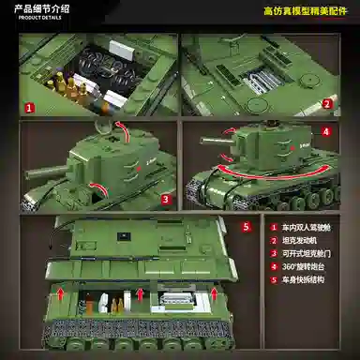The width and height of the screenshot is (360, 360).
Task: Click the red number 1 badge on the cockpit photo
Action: click(30, 108)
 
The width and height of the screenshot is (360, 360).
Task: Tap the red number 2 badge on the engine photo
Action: click(326, 107)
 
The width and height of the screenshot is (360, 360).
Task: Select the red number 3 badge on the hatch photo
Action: click(165, 199)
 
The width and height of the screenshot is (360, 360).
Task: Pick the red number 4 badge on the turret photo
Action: click(325, 132)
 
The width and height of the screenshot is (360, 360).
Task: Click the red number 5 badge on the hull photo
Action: click(246, 226)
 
